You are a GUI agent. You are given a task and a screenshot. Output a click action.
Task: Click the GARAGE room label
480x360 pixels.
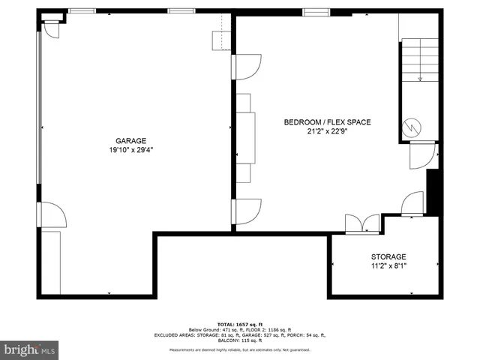coord(130,140)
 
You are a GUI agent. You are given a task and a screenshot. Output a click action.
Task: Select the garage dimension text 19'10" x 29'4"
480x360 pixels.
coord(130,149)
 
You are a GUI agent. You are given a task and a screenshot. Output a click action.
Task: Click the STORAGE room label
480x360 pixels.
coord(388,256)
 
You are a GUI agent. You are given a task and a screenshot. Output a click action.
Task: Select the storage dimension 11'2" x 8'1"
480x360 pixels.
coord(388,265)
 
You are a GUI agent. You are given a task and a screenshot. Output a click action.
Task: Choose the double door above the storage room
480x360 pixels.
coord(362,223)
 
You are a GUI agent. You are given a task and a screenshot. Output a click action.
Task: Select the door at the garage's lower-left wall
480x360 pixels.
coord(52,214)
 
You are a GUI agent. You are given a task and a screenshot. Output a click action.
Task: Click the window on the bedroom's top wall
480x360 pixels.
coord(316,11)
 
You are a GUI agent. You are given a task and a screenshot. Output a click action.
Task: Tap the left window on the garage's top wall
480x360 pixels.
coord(82,10)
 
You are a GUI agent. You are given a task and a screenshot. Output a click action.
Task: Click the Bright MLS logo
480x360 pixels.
coord(30,349)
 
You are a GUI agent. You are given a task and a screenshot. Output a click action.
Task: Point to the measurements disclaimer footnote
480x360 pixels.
coord(239,349)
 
